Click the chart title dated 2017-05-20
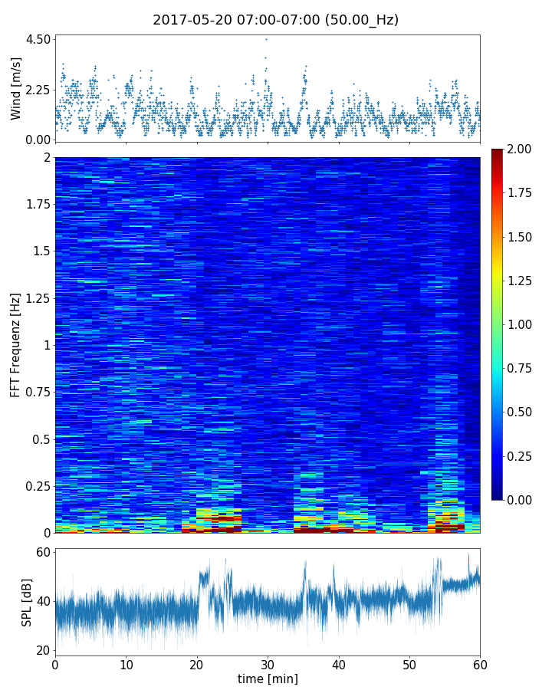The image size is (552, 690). coord(275,20)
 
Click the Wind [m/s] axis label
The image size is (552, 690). coord(16,88)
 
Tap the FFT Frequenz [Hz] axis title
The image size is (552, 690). coord(16,345)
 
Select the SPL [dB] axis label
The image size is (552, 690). coord(28,601)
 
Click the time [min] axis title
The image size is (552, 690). coord(268,678)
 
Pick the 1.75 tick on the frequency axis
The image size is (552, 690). coord(37,204)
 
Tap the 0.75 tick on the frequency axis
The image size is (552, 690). coord(37,392)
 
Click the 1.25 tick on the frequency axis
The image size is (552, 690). coord(37,298)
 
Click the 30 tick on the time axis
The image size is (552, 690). coord(268,664)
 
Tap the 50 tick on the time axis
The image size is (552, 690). coord(409,664)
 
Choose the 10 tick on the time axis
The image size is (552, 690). coord(126,664)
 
